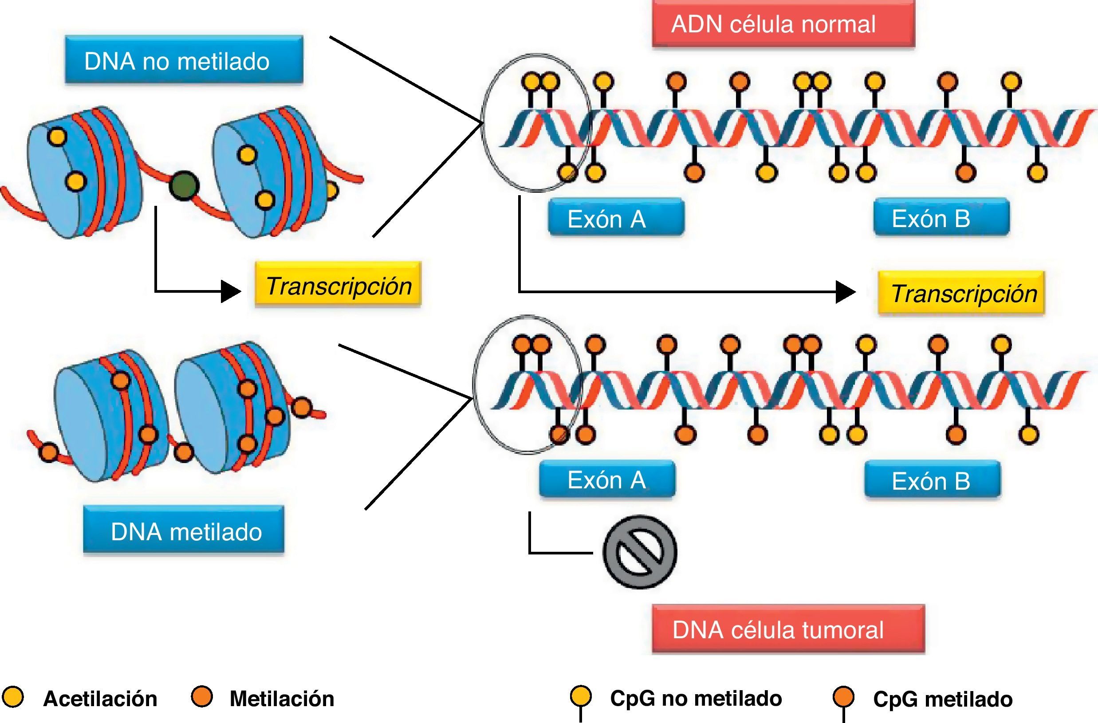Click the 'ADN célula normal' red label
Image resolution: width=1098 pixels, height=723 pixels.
pos(783,24)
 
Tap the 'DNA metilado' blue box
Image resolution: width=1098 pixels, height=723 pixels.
pos(184,531)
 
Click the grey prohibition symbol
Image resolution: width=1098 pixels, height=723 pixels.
pos(639,552)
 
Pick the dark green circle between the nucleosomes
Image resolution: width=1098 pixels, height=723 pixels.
pos(184,186)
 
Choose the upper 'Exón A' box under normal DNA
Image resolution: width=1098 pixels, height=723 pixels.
pos(615,218)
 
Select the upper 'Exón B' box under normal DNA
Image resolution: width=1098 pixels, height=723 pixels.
pos(941,218)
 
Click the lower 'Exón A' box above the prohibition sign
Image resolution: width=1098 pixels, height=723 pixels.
pos(606,480)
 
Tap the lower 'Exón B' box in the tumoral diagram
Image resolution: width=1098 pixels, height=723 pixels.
pos(932,481)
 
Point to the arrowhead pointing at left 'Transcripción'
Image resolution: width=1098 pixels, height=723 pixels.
pos(231,291)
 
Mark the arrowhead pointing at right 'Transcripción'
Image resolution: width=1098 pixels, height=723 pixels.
pos(846,292)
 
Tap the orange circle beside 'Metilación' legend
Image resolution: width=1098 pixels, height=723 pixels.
pos(201,697)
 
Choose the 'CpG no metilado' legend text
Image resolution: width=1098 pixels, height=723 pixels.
pos(696,699)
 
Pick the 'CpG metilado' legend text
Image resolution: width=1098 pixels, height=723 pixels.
pos(943,699)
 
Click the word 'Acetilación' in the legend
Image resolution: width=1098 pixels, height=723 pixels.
pos(100,699)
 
